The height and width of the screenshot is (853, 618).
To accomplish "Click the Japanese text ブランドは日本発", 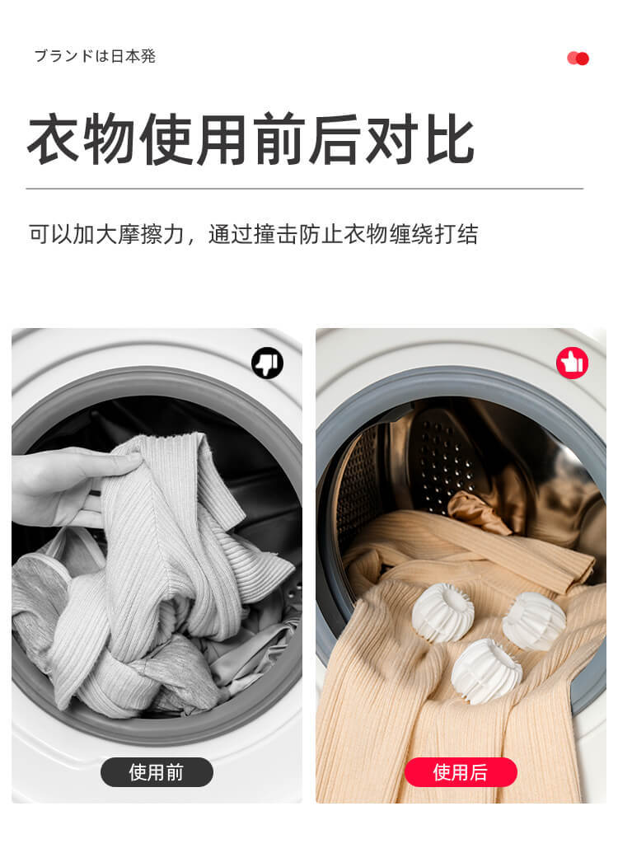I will pos(95,56).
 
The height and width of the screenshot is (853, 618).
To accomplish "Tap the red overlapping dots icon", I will pos(578,59).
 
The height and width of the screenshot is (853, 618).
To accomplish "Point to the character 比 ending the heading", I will pos(448,140).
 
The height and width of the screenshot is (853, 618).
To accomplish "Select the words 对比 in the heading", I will pos(420,140).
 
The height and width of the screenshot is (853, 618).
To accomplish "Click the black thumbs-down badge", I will pos(267,363).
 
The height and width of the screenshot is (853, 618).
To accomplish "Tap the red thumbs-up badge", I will pos(572,363).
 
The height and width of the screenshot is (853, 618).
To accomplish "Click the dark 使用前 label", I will pos(157,772).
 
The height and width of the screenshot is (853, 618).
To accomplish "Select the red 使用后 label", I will pos(461,772).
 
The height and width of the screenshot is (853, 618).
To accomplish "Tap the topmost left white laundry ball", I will pos(442,612).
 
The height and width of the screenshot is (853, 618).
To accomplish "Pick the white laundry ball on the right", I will pos(533,621).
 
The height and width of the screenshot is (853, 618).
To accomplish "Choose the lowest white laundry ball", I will pos(486,669).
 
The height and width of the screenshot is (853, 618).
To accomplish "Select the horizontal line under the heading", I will pos(304,189).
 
